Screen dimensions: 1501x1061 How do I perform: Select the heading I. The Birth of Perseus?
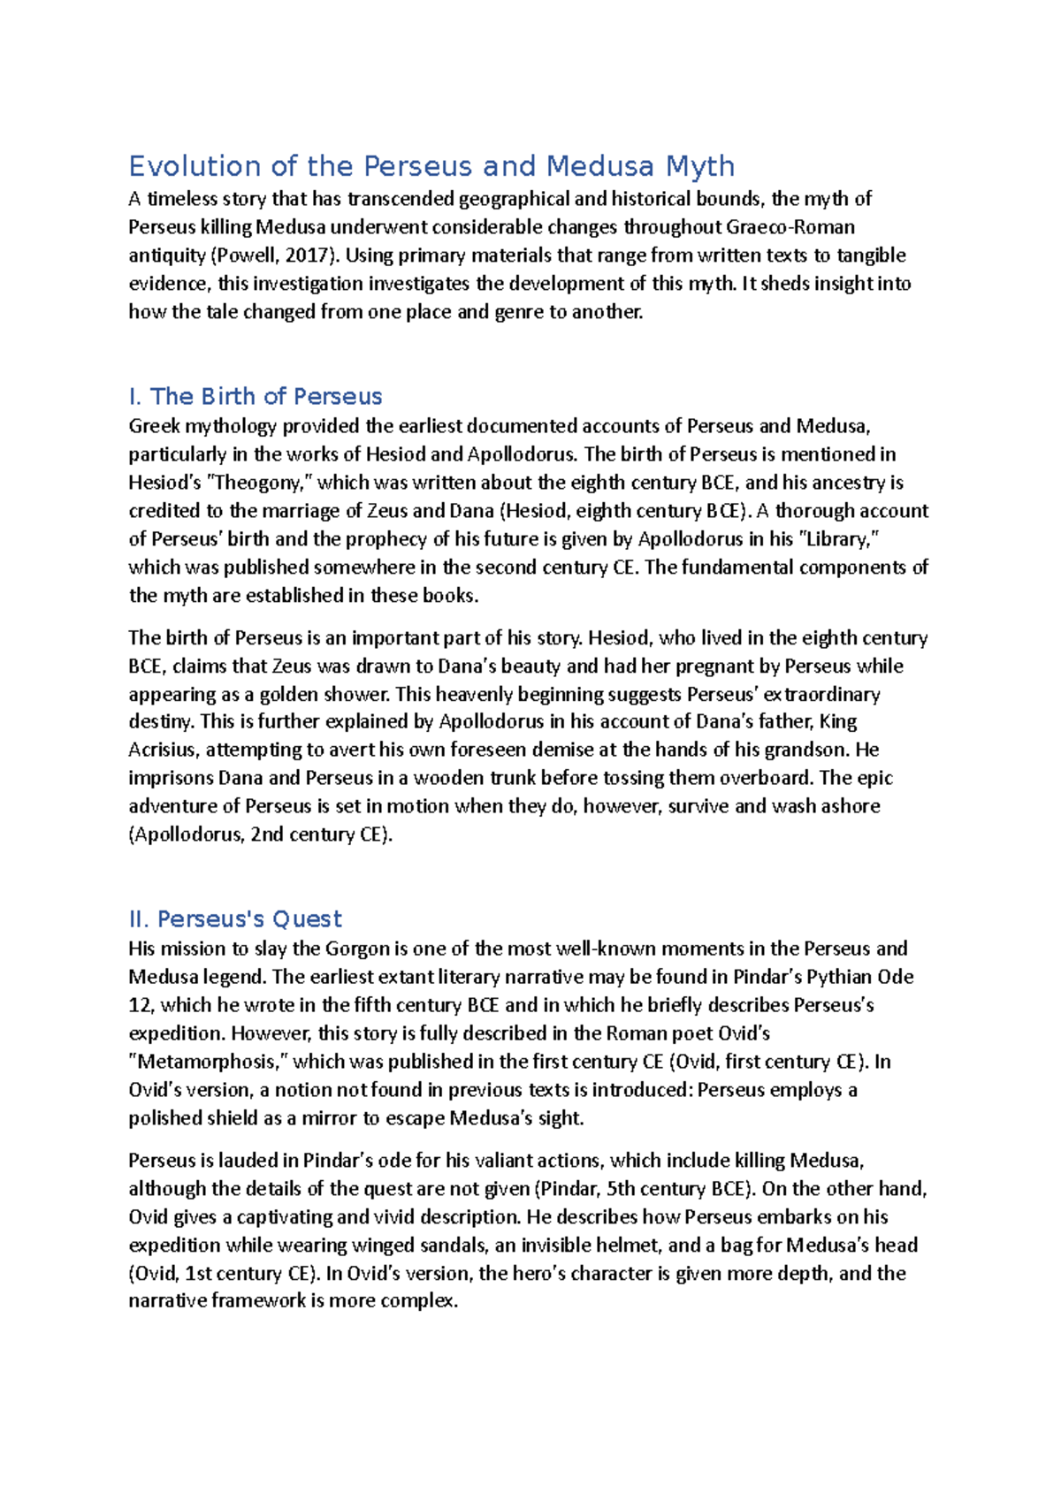[x=256, y=396]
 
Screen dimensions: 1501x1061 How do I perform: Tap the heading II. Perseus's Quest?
[x=235, y=918]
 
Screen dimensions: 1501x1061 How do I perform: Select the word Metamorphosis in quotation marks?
[x=209, y=1062]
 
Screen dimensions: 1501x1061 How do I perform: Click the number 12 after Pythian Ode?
[x=141, y=1005]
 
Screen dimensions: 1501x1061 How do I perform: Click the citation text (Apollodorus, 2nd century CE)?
[x=260, y=834]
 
